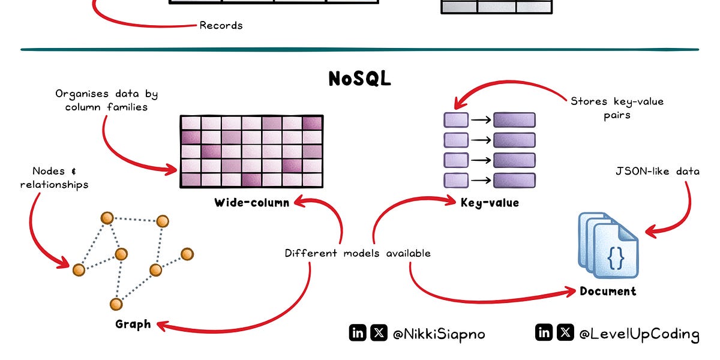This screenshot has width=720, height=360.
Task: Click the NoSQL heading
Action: point(359,79)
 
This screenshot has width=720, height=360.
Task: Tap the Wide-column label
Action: point(251,203)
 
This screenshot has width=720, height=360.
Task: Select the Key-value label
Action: point(490,203)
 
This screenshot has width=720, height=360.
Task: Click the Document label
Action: point(608,292)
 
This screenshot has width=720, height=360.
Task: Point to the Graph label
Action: point(133,325)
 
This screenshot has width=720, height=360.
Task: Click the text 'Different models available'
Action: point(358,253)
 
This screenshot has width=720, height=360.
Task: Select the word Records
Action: point(221,26)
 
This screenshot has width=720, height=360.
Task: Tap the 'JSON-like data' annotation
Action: point(658,172)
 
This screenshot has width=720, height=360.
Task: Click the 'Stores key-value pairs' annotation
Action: point(617,108)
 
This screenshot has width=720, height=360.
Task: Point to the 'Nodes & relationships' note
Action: point(54,178)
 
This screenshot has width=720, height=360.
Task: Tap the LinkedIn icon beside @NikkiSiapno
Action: point(358,333)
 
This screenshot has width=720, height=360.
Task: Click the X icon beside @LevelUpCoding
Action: point(565,332)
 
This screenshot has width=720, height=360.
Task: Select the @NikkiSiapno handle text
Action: point(439,334)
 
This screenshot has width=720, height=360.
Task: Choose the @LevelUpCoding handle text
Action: point(639,334)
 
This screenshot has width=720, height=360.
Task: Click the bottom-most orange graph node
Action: point(116,304)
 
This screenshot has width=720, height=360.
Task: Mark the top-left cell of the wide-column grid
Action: point(190,122)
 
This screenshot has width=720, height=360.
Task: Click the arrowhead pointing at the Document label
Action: point(570,292)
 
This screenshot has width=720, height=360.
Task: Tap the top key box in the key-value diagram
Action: point(456,119)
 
